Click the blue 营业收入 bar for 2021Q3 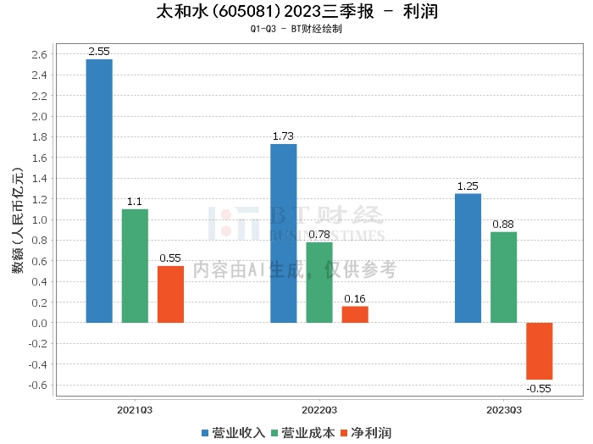(x=99, y=191)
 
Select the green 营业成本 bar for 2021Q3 (x=135, y=265)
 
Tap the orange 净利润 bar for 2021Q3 (x=170, y=294)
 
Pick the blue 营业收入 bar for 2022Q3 (x=283, y=233)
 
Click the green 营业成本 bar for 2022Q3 (x=319, y=282)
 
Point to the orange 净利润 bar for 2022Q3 (x=355, y=314)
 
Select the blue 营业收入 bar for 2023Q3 (x=468, y=258)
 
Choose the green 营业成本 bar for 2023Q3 (x=503, y=277)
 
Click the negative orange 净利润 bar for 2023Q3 (x=539, y=351)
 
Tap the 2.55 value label (x=99, y=52)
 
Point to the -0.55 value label (x=539, y=388)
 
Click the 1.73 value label (x=283, y=136)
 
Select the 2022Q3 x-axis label (x=319, y=409)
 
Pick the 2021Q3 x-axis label (x=135, y=409)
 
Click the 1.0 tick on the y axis (x=40, y=219)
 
